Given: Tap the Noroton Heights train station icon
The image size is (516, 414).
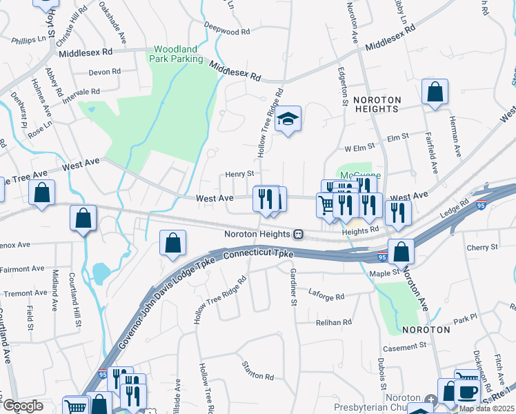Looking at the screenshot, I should point(298,234).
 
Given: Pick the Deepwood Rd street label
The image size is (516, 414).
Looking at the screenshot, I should point(226,32).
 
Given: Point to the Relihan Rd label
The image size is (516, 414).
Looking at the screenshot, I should point(334,322).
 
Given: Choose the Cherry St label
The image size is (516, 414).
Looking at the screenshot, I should point(482,247).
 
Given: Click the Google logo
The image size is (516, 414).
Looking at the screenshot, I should point(23,406).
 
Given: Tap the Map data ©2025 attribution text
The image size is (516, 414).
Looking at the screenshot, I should point(486,408).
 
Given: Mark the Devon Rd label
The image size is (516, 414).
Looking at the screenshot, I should point(105,72).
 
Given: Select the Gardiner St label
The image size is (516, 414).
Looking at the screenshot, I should point(292,287).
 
